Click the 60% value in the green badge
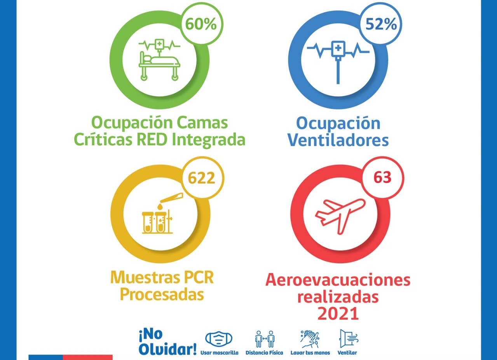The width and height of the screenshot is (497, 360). (x=201, y=24)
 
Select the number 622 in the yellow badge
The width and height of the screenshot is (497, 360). (x=201, y=178)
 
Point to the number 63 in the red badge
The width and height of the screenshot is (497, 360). (x=383, y=177)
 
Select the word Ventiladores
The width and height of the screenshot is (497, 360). (x=338, y=140)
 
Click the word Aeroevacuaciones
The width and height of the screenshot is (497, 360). (x=338, y=280)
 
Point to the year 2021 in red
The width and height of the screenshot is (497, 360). (x=338, y=314)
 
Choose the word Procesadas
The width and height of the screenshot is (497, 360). (x=162, y=295)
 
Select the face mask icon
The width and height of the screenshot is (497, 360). (x=219, y=339)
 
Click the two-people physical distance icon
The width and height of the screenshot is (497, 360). (x=264, y=339)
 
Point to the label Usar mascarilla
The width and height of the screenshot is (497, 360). (x=220, y=353)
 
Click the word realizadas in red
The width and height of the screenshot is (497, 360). (x=338, y=297)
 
